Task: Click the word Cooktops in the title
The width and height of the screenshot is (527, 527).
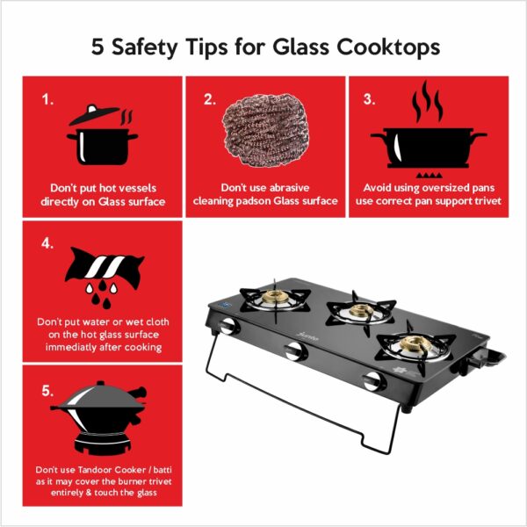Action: (x=388, y=47)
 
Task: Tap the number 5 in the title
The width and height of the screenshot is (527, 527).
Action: (x=97, y=47)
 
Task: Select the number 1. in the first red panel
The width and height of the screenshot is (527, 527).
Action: (x=47, y=99)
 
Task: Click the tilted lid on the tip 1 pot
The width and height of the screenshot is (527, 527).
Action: (x=95, y=114)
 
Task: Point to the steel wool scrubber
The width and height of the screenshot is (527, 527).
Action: (x=265, y=130)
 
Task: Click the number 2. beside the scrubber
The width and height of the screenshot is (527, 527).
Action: (x=210, y=99)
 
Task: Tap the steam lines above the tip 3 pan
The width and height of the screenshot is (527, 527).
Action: (x=428, y=101)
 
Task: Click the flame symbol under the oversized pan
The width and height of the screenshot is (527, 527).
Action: (x=429, y=175)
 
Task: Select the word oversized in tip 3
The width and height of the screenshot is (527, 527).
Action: (x=441, y=188)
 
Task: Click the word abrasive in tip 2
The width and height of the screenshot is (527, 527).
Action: (x=289, y=188)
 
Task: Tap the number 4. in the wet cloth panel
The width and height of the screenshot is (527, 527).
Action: (x=47, y=243)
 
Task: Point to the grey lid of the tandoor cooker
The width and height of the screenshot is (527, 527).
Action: (x=101, y=396)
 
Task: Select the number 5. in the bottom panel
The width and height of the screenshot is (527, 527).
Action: (x=47, y=391)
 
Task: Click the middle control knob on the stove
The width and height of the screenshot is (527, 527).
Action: (x=296, y=351)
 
